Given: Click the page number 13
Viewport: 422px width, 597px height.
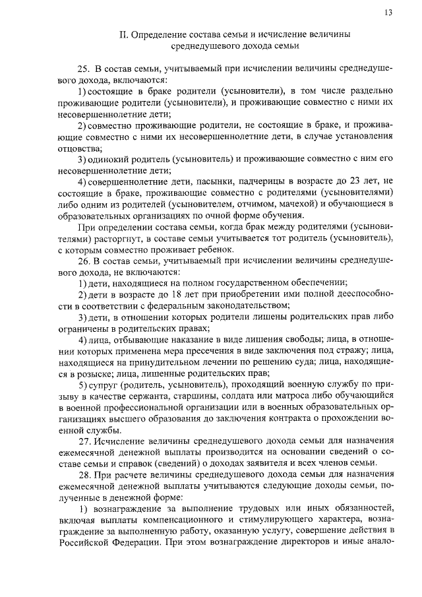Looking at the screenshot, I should (x=388, y=13).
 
